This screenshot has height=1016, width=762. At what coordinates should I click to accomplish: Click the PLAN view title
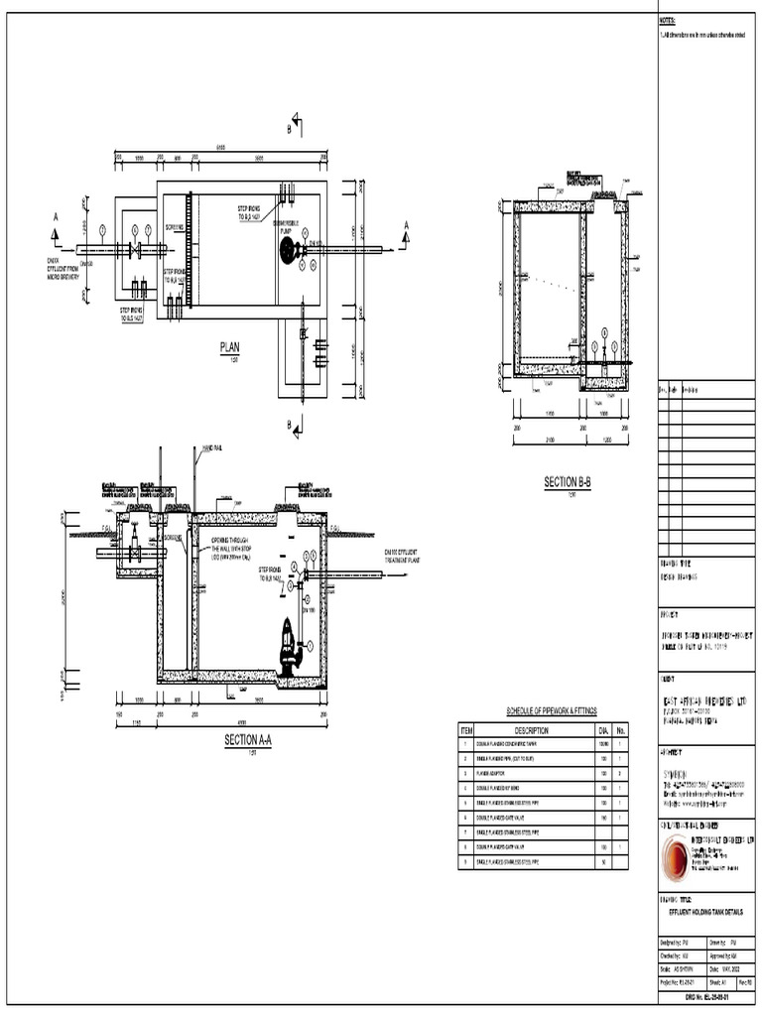tap(230, 347)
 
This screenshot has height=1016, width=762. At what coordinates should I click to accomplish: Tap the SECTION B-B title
tap(568, 481)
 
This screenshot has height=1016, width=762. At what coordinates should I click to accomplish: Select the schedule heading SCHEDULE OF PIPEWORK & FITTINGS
tap(544, 711)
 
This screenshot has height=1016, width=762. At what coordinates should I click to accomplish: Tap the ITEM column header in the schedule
tap(465, 730)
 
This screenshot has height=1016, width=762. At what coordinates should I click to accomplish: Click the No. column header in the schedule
tap(622, 730)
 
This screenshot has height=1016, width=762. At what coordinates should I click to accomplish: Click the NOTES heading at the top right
tap(667, 20)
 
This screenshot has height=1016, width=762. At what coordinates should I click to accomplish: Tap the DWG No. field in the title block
tap(707, 1009)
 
